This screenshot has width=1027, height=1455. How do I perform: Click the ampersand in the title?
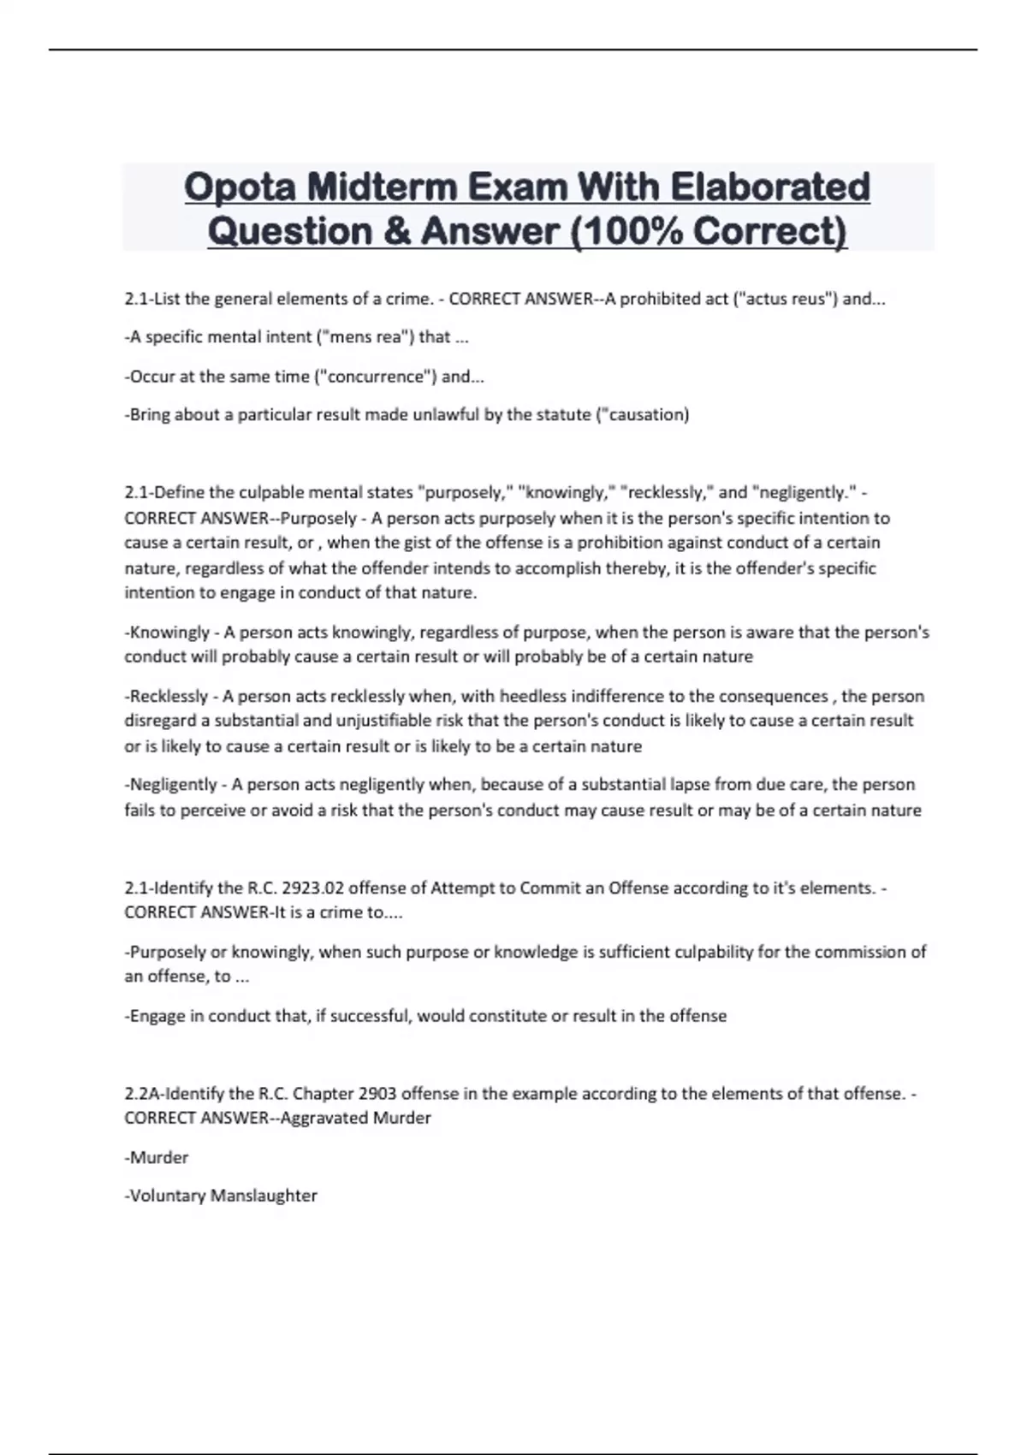click(x=397, y=231)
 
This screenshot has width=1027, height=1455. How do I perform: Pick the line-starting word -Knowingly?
click(x=168, y=632)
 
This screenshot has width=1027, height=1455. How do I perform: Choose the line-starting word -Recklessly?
click(x=167, y=696)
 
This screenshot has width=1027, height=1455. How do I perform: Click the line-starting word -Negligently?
click(x=171, y=785)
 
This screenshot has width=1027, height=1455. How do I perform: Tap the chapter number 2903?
click(x=377, y=1093)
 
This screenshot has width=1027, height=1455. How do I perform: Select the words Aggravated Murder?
click(x=356, y=1118)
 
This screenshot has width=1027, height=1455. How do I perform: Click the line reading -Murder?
click(x=157, y=1157)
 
